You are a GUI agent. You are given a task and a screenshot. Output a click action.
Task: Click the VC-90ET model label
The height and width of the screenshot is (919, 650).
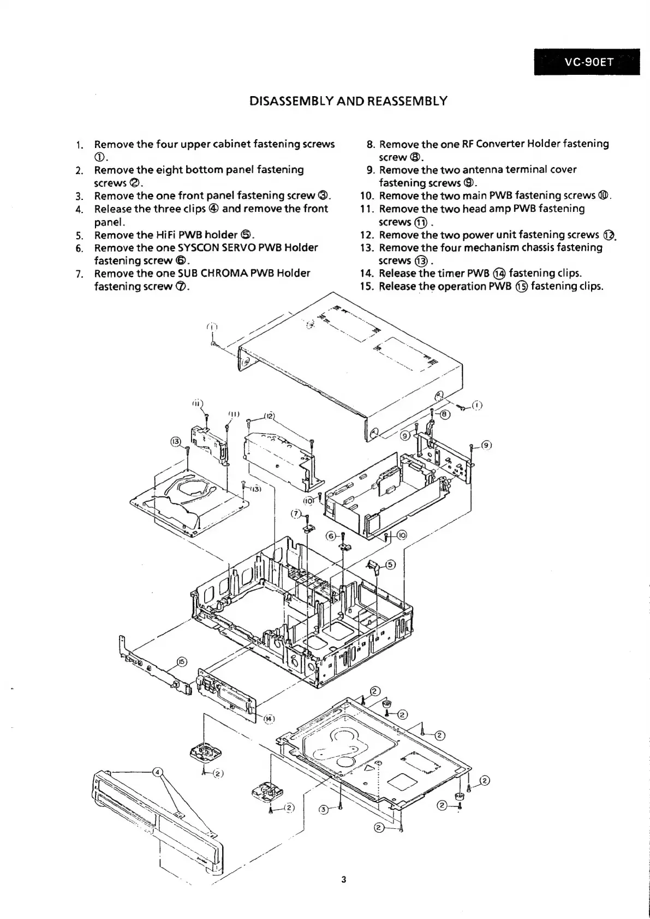pyautogui.click(x=588, y=62)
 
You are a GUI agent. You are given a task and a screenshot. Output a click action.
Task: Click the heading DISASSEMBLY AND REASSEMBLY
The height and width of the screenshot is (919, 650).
pyautogui.click(x=348, y=101)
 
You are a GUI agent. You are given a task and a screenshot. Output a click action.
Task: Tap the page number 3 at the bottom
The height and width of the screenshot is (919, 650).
pyautogui.click(x=343, y=879)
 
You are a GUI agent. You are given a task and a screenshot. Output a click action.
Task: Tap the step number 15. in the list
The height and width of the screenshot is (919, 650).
pyautogui.click(x=368, y=287)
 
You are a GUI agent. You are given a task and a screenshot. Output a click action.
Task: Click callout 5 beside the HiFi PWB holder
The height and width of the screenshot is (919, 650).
pyautogui.click(x=391, y=565)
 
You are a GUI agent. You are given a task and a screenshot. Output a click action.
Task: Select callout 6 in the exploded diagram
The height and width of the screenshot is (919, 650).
pyautogui.click(x=331, y=536)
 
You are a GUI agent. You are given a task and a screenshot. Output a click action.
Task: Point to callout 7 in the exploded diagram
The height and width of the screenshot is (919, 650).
pyautogui.click(x=295, y=513)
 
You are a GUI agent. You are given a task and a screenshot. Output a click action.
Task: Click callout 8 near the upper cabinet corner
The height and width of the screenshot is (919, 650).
pyautogui.click(x=445, y=414)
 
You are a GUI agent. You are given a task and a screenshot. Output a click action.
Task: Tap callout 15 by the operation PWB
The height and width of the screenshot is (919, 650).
pyautogui.click(x=182, y=662)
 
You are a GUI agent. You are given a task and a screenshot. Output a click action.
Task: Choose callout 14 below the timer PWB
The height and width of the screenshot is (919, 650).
pyautogui.click(x=269, y=719)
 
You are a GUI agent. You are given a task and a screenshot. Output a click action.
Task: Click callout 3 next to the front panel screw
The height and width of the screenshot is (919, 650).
pyautogui.click(x=323, y=809)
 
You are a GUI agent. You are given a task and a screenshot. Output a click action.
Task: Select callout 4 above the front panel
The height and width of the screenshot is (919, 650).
pyautogui.click(x=158, y=772)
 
